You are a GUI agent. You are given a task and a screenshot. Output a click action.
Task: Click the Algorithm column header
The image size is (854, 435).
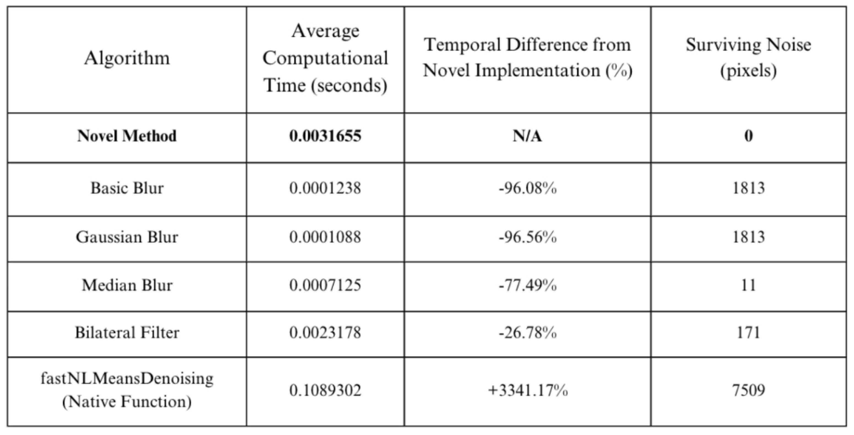coord(127,59)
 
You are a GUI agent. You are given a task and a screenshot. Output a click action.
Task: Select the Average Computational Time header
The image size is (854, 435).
coord(325,59)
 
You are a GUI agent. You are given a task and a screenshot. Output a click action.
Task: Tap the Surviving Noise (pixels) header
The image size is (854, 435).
coord(748,58)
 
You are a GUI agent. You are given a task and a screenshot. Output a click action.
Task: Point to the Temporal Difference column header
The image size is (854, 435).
coord(527,58)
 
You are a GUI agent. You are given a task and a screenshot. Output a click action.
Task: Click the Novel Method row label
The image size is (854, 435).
coord(127,136)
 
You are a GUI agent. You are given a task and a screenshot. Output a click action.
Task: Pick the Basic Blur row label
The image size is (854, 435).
coord(127,188)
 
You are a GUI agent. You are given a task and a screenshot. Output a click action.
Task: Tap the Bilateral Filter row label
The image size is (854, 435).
coord(127,333)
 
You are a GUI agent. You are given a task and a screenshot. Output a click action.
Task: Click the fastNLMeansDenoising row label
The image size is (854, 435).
coord(127,390)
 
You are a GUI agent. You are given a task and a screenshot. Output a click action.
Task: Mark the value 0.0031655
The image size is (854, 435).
coord(325,136)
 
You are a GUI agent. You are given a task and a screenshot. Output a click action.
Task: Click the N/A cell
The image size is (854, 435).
coord(527,136)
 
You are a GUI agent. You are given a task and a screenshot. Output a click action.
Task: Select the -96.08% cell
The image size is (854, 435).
coord(527,188)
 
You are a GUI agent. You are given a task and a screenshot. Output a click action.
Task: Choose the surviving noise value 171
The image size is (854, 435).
coord(748,333)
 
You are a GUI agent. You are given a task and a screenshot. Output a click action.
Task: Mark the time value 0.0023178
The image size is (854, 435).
coord(325,333)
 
